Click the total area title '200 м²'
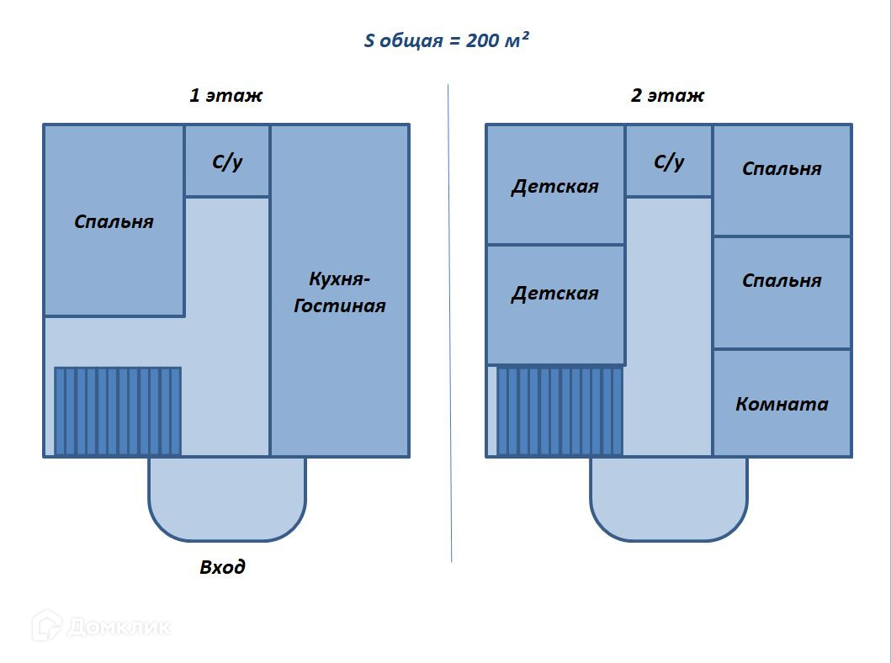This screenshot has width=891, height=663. coord(497,40)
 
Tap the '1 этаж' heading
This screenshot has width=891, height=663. coord(226,95)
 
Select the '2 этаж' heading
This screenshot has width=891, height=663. coord(668,95)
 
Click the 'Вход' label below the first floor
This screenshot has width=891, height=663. coord(222,566)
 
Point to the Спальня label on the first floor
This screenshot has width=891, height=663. coord(114,221)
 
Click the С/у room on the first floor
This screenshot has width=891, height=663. coord(227,162)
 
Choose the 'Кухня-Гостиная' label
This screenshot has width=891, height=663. coord(340,292)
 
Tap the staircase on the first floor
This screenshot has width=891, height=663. coord(118,411)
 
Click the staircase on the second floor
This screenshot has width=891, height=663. coord(560,411)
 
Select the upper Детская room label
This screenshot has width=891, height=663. coord(555,186)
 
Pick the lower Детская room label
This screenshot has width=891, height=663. coord(555,293)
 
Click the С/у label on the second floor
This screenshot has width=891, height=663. coord(669,162)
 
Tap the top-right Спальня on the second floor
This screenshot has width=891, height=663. coord(782,168)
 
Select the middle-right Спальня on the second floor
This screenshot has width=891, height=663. coord(782,280)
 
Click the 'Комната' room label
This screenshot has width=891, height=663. coord(782,404)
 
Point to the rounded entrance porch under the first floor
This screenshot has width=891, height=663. coord(227,499)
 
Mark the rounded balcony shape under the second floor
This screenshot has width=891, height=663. coord(669,499)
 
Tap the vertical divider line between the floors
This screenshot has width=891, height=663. coord(449,323)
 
